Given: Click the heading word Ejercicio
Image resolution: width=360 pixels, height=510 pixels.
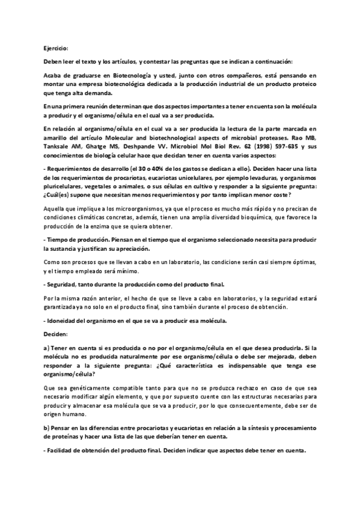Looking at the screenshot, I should click(x=56, y=48).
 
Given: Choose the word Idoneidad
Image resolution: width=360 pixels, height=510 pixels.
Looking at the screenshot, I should click(x=64, y=321).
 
